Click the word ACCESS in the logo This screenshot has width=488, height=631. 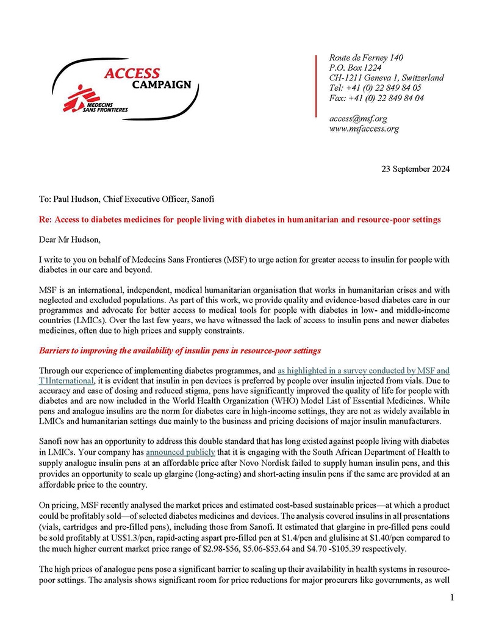[132, 73]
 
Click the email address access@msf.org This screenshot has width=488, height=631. [358, 118]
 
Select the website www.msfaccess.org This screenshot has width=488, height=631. [364, 129]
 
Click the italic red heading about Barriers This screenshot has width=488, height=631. [179, 351]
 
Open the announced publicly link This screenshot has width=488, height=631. [180, 454]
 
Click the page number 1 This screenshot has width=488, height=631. [451, 598]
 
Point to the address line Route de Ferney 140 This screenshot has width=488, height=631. [366, 58]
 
